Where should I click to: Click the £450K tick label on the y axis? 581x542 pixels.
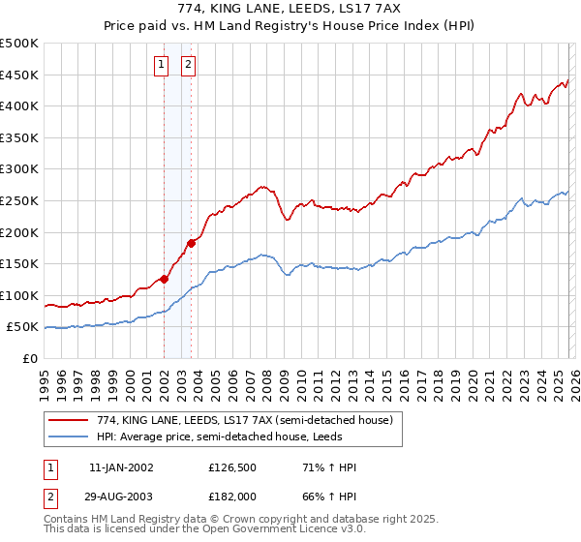coord(19,75)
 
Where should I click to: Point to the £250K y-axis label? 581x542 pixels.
coord(19,200)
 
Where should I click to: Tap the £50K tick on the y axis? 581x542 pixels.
coord(23,327)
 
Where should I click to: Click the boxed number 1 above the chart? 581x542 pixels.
coord(162,66)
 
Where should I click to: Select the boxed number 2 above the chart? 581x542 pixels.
coord(187,66)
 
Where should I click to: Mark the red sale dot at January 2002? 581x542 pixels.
coord(164,279)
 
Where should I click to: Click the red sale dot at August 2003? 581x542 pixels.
coord(192,243)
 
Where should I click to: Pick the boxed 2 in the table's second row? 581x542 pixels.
coord(50,500)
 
